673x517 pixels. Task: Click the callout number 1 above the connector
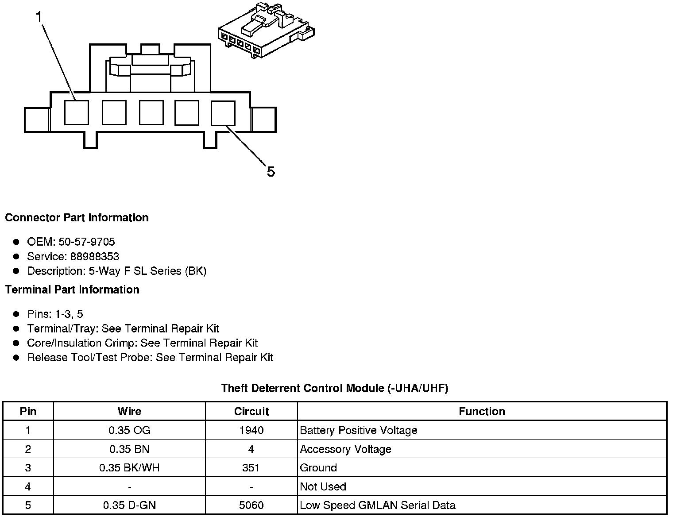tap(39, 17)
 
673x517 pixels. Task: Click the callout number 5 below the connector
tap(271, 171)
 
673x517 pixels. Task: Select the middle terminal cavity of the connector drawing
tap(151, 112)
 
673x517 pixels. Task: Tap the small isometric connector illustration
tap(266, 31)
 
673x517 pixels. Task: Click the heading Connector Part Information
tap(77, 218)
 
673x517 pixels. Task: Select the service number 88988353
tap(95, 256)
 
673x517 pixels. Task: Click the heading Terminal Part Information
tap(72, 289)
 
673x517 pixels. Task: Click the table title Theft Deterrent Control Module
tap(335, 388)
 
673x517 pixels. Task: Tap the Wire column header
tap(129, 411)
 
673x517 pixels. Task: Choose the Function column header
tap(482, 411)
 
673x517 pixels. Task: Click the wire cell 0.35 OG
tap(129, 430)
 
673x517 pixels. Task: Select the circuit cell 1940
tap(251, 430)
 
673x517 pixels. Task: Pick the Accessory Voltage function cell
tap(345, 449)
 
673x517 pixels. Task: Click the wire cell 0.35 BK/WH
tap(129, 468)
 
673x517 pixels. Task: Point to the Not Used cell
tap(323, 486)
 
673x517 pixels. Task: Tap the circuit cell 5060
tap(251, 505)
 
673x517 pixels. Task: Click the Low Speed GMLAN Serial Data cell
tap(377, 505)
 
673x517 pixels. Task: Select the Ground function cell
tap(318, 468)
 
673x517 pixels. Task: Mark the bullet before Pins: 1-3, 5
tap(16, 314)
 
